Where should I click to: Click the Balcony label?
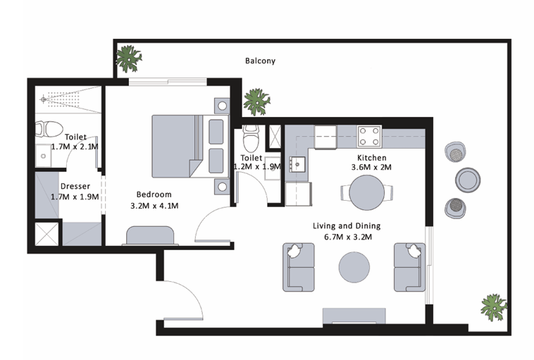(x=260, y=61)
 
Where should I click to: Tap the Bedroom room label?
(x=154, y=194)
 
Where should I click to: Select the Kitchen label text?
(x=371, y=158)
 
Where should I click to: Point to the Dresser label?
(x=75, y=186)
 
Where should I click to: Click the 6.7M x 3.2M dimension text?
(x=348, y=237)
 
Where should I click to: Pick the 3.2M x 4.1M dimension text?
(x=154, y=206)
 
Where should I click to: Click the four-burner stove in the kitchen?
(x=369, y=136)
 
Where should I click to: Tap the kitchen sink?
(x=297, y=165)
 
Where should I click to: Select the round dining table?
(x=367, y=192)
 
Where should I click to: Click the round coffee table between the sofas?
(x=354, y=267)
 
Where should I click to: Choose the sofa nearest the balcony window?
(x=410, y=268)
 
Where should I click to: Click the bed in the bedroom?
(x=190, y=147)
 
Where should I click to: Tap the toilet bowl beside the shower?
(x=49, y=129)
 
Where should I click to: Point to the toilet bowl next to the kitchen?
(x=251, y=139)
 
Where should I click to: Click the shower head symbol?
(x=43, y=99)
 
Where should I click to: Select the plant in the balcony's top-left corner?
(x=128, y=58)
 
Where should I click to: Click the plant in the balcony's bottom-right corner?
(x=494, y=308)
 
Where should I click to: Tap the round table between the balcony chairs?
(x=468, y=180)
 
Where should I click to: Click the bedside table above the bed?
(x=222, y=106)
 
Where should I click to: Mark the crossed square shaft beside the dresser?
(x=47, y=234)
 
